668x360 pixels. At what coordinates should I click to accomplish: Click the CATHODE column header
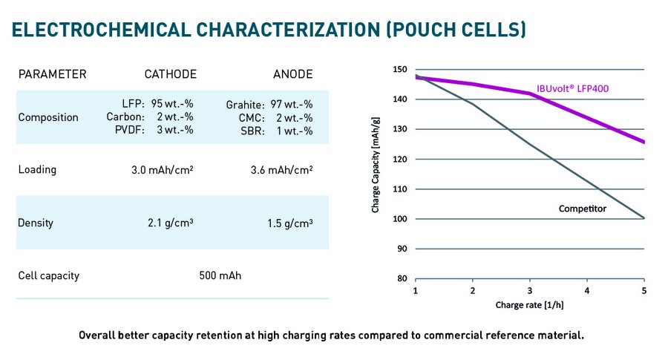170,74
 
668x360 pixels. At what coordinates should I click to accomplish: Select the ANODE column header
292,74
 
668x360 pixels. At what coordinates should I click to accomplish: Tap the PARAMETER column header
52,74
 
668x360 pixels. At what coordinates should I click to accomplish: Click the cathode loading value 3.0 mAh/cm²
163,169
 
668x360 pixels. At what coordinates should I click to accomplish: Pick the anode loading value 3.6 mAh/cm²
282,169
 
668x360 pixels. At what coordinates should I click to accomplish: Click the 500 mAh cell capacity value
220,276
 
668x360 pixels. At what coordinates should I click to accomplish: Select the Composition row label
48,117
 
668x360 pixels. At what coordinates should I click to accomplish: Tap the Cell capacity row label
48,276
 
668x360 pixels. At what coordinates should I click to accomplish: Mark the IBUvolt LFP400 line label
577,90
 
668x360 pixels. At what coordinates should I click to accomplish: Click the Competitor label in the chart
582,209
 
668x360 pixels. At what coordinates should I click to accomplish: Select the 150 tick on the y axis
400,70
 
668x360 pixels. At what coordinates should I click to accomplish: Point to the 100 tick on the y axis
400,219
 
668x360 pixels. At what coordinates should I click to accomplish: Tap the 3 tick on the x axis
529,289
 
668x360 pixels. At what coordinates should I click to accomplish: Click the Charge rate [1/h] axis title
529,305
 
